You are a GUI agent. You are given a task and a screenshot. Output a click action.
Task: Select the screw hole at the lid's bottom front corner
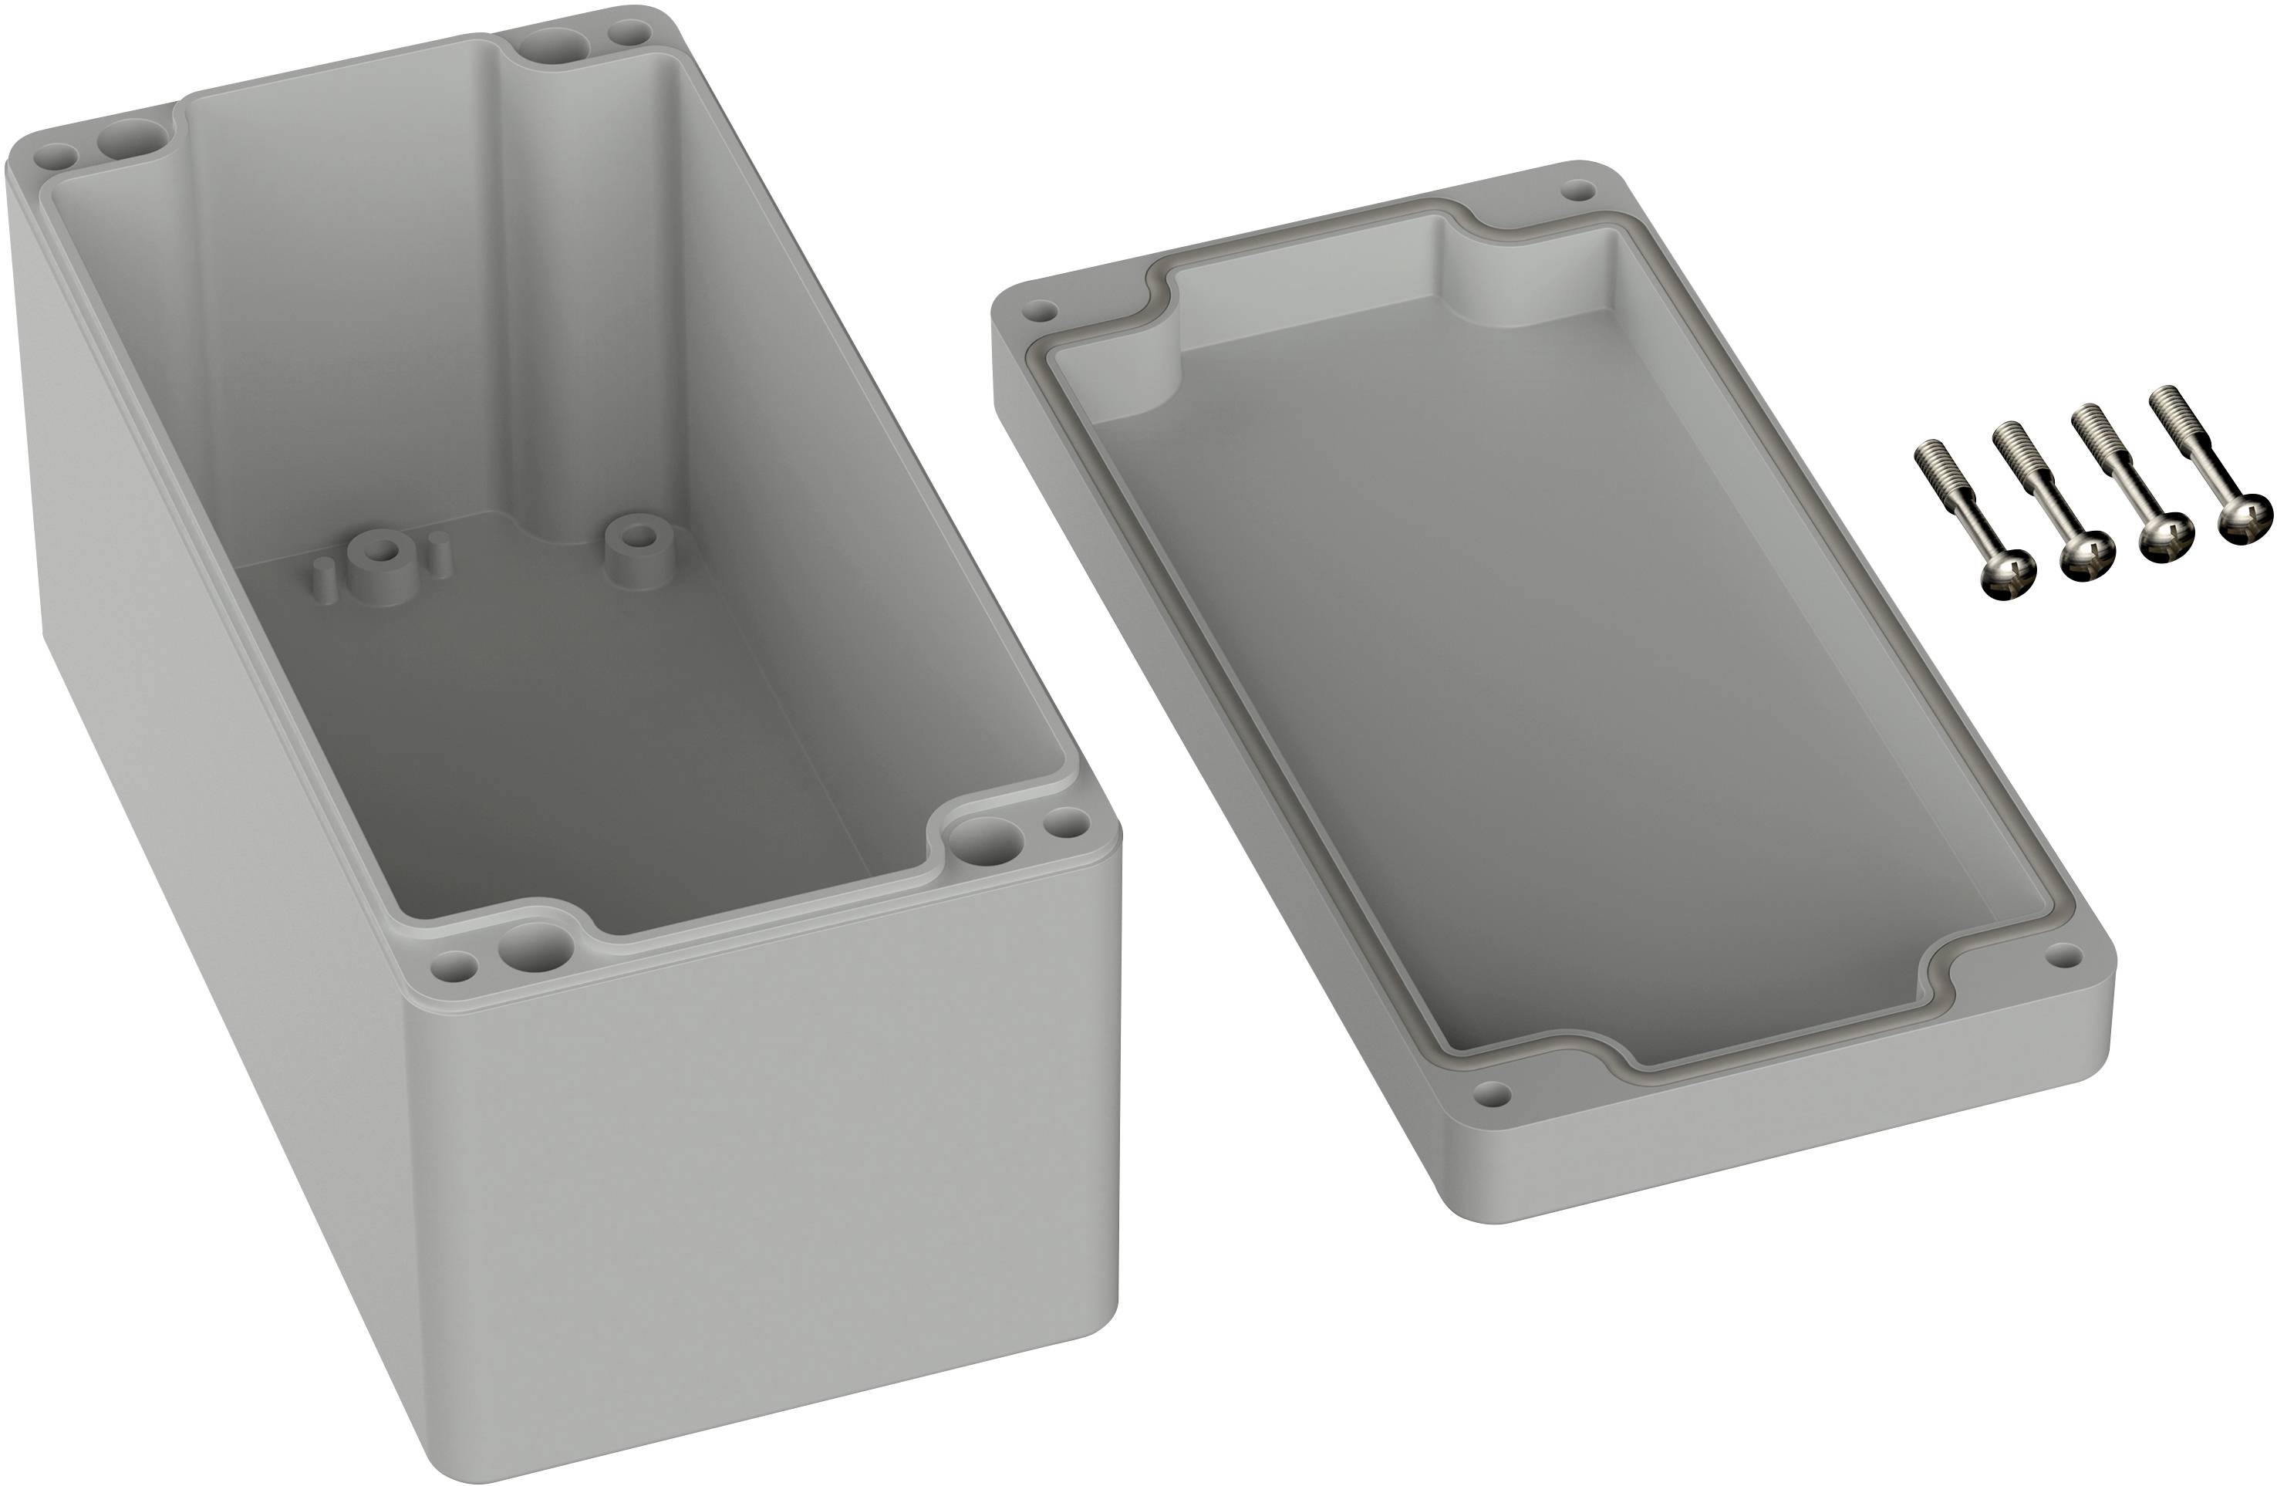pyautogui.click(x=1493, y=1090)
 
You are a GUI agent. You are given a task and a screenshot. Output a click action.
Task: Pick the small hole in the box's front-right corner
pyautogui.click(x=1066, y=821)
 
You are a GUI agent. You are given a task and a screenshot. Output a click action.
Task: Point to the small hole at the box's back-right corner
pyautogui.click(x=629, y=35)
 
